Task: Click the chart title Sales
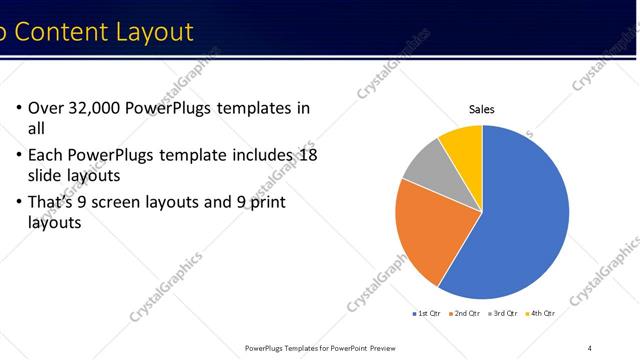point(482,110)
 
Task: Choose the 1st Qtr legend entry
point(427,313)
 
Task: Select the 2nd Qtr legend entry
point(465,313)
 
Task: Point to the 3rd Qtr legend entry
point(503,313)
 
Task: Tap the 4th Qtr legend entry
point(540,313)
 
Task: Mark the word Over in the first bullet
point(46,108)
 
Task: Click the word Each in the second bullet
point(46,155)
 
